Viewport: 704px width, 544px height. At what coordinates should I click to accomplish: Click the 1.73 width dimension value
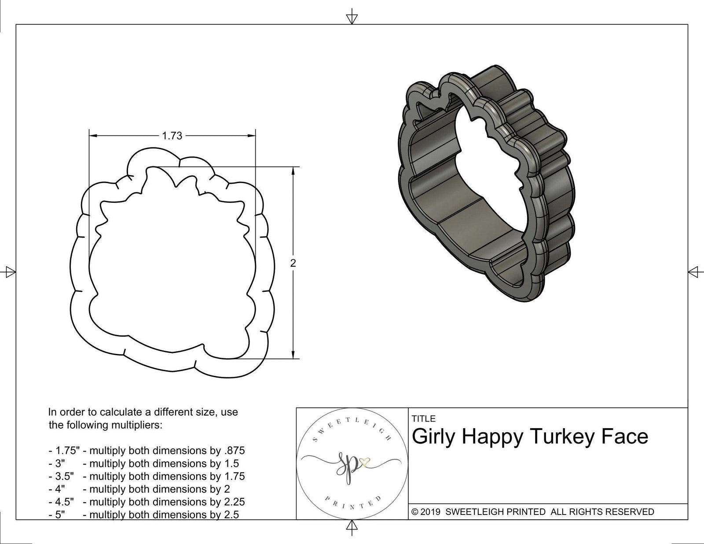172,136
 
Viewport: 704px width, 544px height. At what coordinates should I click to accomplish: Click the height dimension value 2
293,263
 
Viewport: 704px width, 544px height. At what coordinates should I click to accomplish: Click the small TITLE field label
423,419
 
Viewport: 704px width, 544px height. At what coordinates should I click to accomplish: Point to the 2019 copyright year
429,512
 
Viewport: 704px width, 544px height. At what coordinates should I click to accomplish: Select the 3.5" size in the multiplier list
62,476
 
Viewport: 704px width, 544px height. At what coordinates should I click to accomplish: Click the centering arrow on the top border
352,18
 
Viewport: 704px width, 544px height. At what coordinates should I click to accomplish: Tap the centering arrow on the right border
694,272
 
